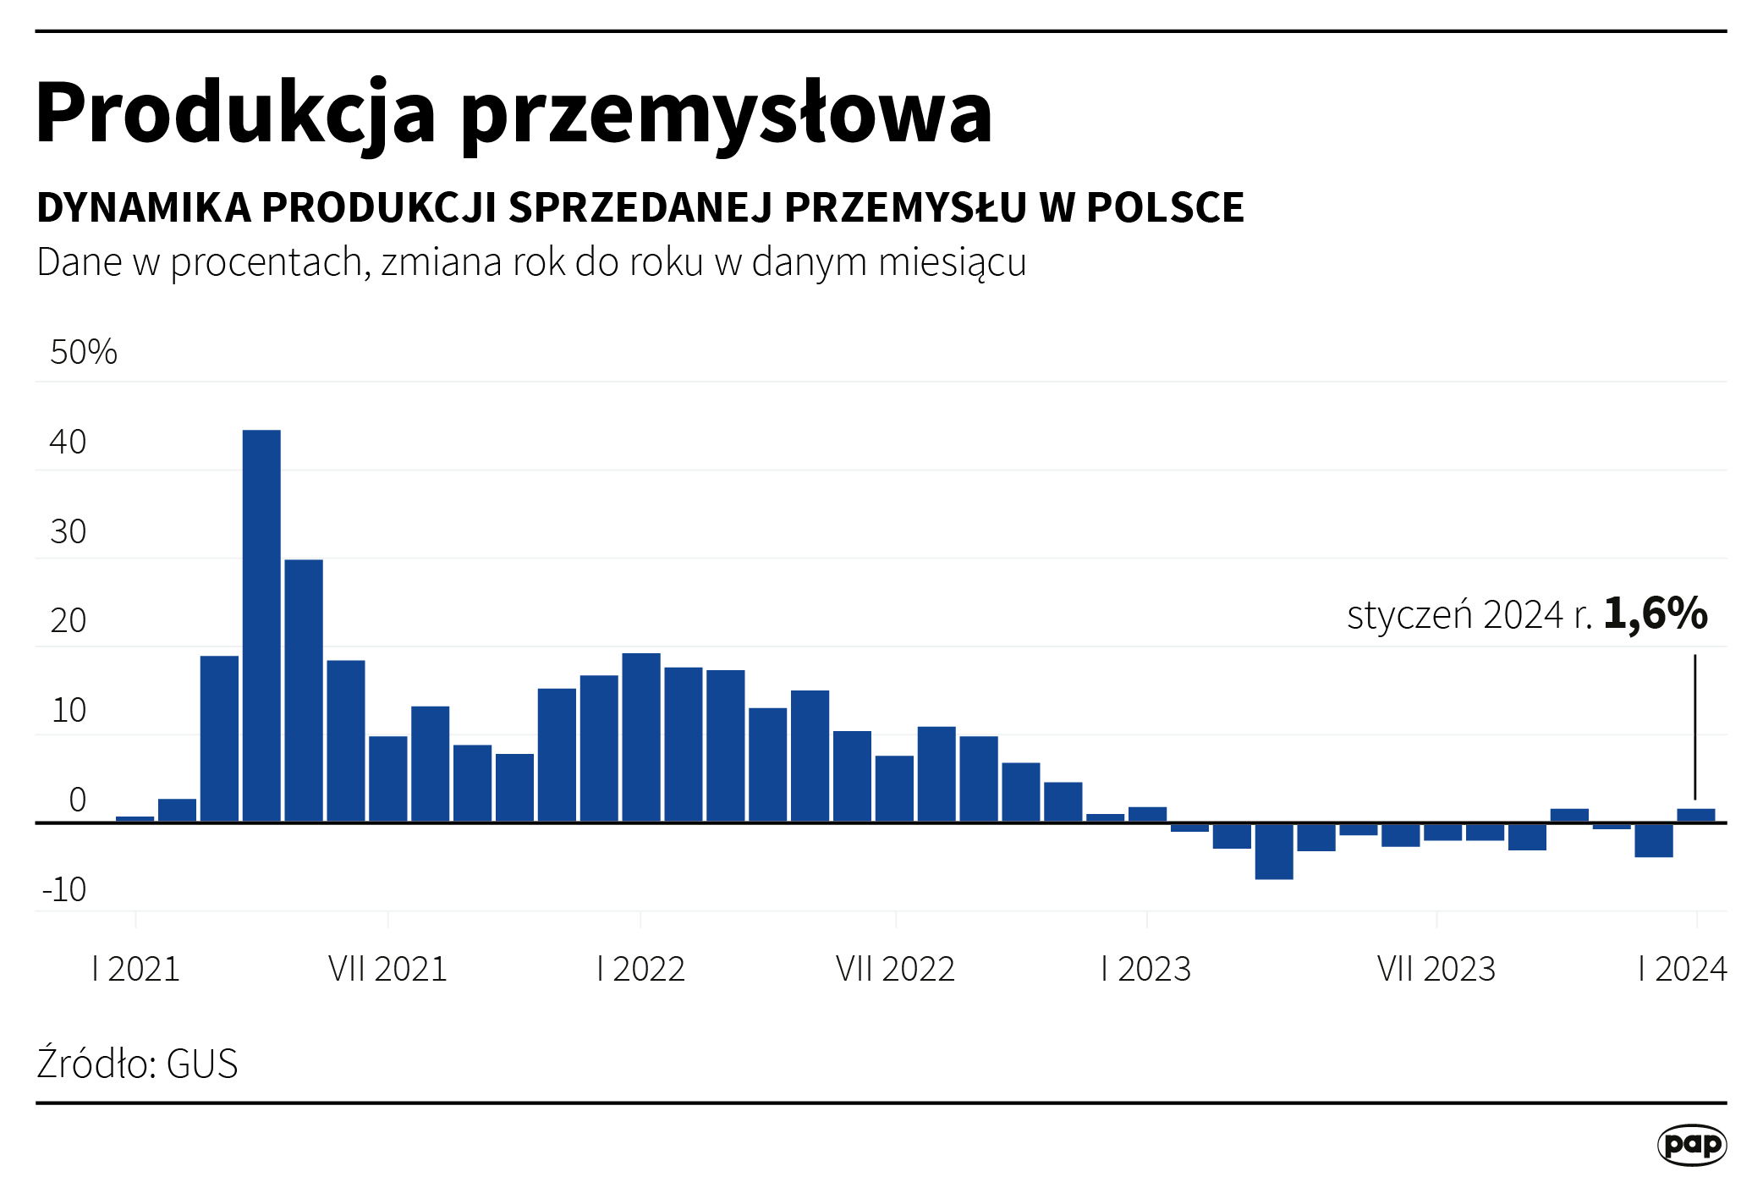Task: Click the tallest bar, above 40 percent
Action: pos(261,626)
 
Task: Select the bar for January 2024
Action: pos(1696,816)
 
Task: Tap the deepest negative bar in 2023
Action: pos(1274,851)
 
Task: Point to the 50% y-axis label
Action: pos(84,352)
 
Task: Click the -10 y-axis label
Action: pos(64,889)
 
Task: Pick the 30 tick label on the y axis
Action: pos(69,531)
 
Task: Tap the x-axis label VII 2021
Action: pos(387,969)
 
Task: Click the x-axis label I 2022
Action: pos(640,969)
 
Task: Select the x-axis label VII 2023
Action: pos(1436,969)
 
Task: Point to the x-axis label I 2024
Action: pos(1683,969)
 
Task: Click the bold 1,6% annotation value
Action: pos(1656,613)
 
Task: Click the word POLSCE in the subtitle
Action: pos(1166,207)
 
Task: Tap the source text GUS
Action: pos(202,1064)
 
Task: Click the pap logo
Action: pos(1692,1145)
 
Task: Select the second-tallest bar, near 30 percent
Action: pos(304,690)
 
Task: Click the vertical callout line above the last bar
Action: pos(1695,727)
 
